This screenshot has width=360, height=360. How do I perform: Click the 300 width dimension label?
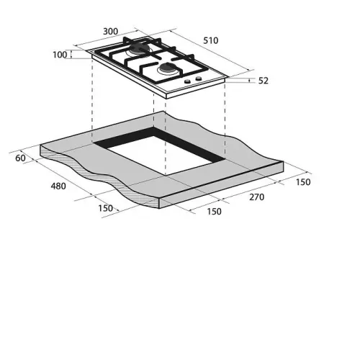[x=110, y=32]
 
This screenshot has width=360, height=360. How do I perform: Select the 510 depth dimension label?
[x=211, y=40]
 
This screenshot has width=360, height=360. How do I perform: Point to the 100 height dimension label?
[x=60, y=55]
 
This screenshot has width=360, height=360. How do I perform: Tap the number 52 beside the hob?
[x=264, y=81]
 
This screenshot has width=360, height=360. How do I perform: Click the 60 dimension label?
[x=20, y=158]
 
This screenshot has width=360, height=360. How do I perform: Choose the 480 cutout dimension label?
[x=58, y=186]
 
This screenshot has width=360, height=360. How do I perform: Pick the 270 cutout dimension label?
[x=257, y=197]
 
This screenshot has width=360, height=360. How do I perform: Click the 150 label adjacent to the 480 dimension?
[x=105, y=208]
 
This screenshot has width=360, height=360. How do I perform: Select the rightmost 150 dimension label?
[x=303, y=182]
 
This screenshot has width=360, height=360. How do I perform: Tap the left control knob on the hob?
[x=187, y=81]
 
